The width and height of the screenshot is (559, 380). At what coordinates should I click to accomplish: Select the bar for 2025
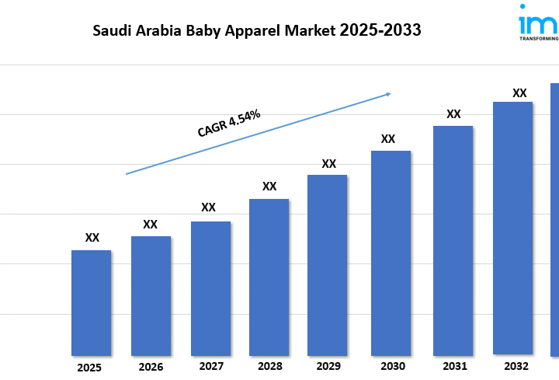click(91, 302)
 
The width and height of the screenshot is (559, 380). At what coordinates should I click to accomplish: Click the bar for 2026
click(151, 295)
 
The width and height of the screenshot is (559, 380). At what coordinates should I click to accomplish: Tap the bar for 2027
click(210, 288)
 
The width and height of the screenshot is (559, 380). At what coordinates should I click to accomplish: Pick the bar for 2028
click(269, 277)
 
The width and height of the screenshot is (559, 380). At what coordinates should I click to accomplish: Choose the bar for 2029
click(327, 265)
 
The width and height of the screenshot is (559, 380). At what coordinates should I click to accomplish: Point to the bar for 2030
click(391, 253)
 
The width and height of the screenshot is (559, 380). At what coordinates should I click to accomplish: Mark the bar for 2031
click(453, 240)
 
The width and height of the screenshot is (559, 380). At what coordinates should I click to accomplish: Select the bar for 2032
click(512, 228)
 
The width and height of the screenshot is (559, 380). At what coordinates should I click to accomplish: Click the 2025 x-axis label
click(89, 368)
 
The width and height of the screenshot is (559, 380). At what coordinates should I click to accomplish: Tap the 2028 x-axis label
click(269, 366)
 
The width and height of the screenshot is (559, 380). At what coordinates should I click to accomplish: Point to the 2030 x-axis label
click(393, 366)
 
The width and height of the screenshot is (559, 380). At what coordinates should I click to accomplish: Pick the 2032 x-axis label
click(516, 366)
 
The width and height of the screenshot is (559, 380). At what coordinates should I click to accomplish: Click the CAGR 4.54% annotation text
click(228, 124)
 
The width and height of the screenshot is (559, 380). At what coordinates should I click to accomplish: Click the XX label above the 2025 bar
click(92, 238)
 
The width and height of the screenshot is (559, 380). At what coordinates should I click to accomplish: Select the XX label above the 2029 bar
click(328, 163)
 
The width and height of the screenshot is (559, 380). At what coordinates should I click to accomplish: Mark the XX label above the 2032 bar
click(519, 93)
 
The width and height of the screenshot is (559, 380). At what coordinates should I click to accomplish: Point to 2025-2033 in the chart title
click(380, 31)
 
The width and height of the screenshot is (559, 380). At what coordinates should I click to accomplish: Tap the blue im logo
click(537, 20)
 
